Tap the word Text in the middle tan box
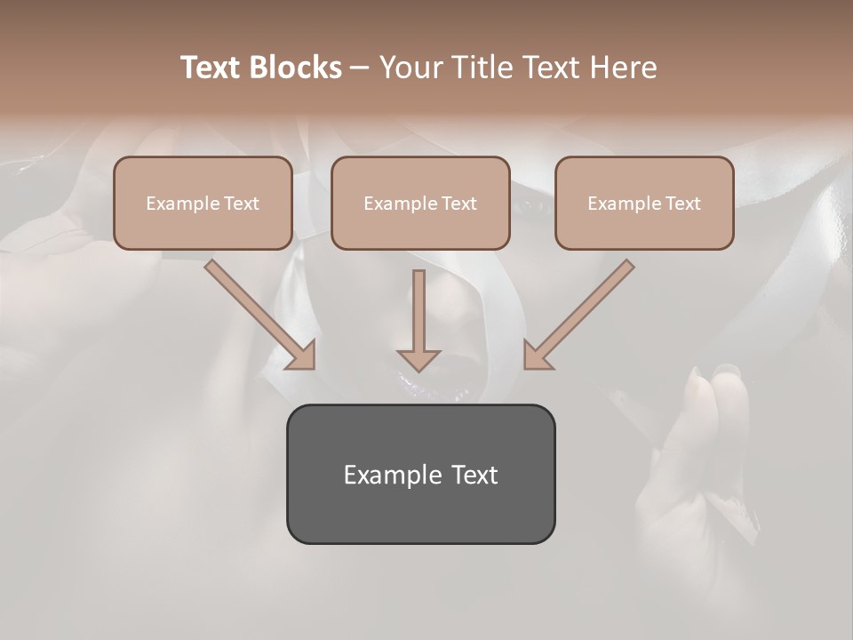(459, 204)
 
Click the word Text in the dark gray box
(474, 475)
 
